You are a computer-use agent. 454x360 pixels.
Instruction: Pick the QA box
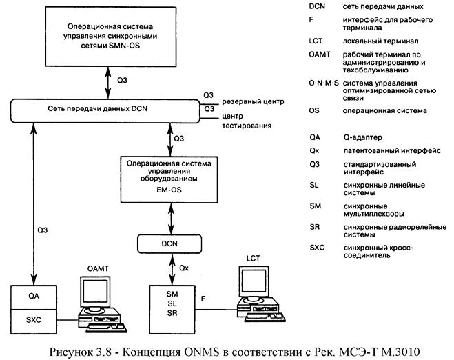[34, 297]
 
